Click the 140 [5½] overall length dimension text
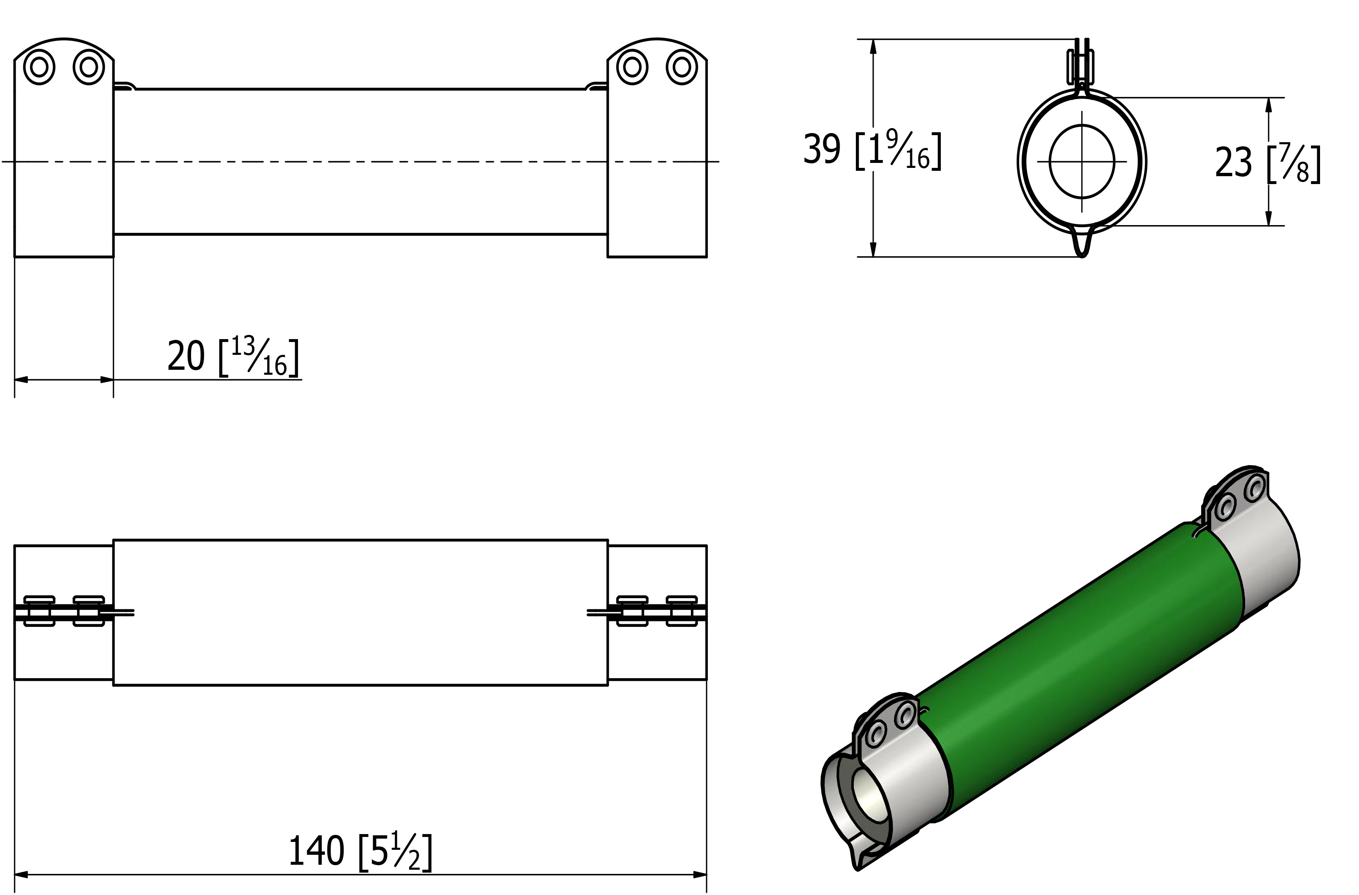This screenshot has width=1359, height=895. click(360, 851)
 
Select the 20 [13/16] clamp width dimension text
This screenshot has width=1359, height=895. click(233, 357)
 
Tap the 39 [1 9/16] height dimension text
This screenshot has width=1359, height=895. click(872, 150)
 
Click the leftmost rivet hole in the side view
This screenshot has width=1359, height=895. click(39, 68)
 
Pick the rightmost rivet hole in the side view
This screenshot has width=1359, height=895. click(682, 68)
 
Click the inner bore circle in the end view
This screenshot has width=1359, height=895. click(1082, 162)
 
